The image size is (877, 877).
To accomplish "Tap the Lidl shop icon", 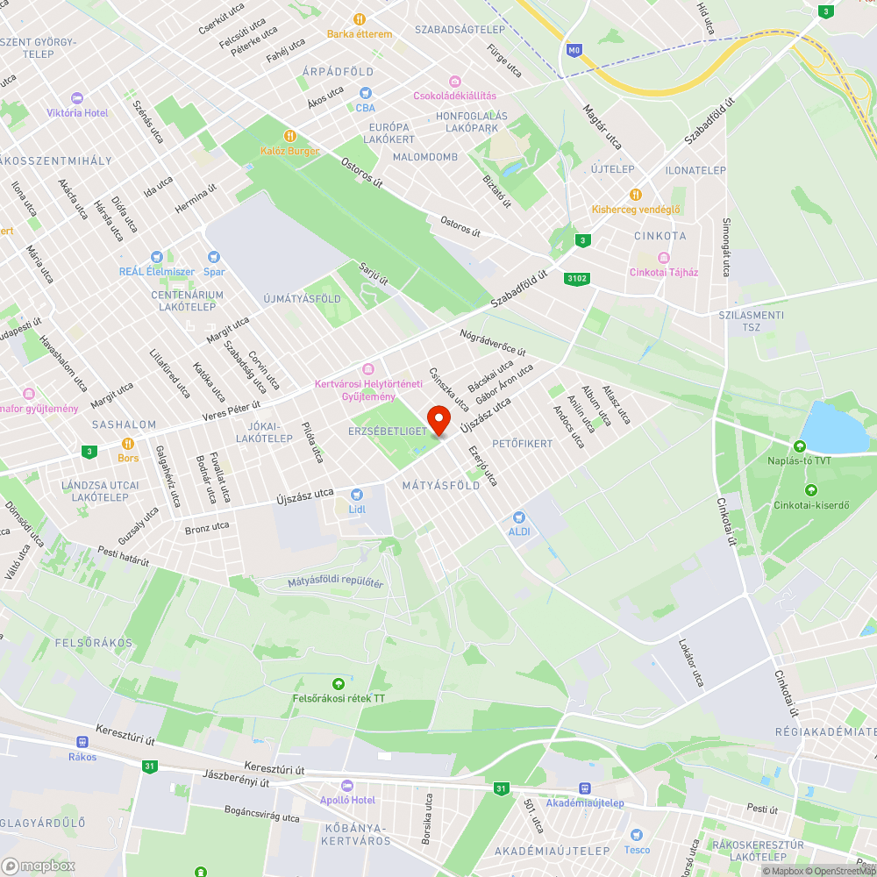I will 356,495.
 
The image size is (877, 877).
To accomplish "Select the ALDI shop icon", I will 519,517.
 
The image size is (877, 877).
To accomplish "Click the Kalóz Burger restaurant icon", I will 290,136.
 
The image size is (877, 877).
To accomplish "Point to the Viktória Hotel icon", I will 76,98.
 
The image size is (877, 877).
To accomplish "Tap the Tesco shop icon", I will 637,835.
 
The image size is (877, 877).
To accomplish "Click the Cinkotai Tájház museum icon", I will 663,258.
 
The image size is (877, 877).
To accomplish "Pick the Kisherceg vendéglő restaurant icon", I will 636,195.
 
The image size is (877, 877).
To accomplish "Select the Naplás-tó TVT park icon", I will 800,446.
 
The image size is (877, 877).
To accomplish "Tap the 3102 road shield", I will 577,279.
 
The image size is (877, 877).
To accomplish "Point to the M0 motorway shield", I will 574,51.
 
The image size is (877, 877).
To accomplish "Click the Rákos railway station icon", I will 82,742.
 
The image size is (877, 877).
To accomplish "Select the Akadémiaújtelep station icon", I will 584,788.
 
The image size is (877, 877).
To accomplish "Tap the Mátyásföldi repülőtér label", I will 336,582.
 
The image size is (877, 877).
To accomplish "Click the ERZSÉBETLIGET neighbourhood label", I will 387,431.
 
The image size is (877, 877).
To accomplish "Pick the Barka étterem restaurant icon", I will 360,19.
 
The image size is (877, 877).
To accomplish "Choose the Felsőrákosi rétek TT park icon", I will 338,684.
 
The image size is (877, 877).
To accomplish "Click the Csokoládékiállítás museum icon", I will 454,82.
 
